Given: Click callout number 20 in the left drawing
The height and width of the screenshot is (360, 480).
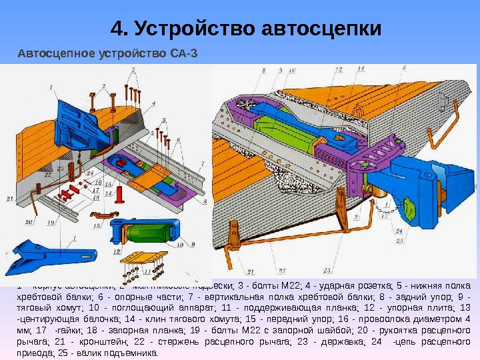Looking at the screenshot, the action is (x=29, y=222).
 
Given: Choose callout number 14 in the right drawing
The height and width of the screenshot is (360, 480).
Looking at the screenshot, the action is (x=361, y=68).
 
